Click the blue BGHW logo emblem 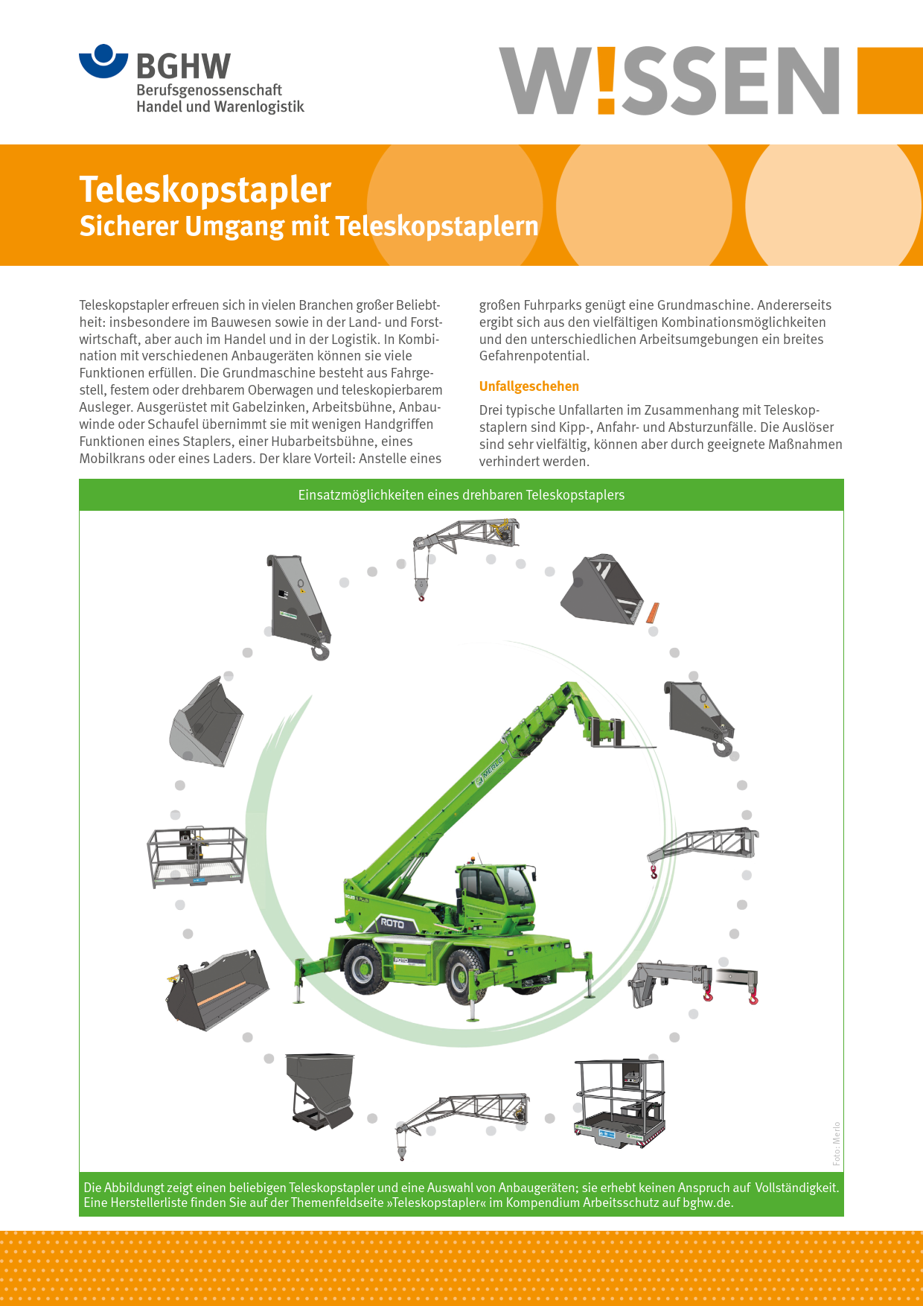[103, 62]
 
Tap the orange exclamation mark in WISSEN [607, 80]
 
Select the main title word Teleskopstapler [205, 189]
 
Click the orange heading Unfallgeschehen [528, 386]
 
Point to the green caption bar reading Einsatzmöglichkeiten [461, 495]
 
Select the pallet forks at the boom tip [618, 733]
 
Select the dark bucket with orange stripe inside [217, 990]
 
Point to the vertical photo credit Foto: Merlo [837, 1144]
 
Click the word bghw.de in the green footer [707, 1203]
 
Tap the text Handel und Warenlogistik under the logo [220, 106]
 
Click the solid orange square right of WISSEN [890, 80]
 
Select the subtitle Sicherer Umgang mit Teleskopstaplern [309, 226]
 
